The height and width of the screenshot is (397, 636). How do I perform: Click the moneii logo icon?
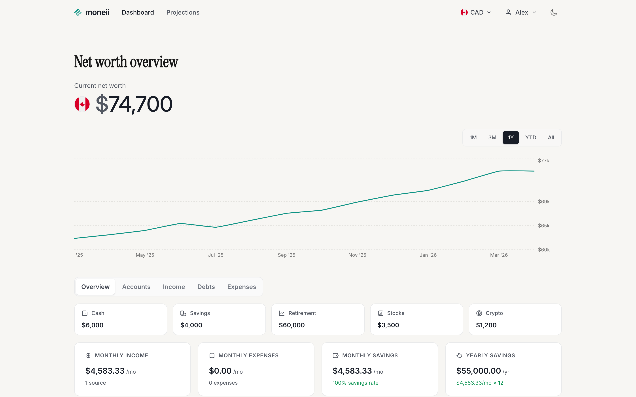[x=78, y=12]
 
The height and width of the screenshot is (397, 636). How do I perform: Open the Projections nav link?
[x=183, y=12]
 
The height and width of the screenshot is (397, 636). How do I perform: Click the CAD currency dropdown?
[x=475, y=12]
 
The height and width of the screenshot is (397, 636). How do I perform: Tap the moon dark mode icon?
[x=554, y=12]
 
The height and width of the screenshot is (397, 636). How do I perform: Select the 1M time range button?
[x=473, y=138]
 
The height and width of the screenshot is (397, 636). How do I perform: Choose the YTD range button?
[x=531, y=138]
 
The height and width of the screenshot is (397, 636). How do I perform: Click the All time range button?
[x=551, y=138]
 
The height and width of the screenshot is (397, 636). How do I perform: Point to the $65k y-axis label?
[x=543, y=226]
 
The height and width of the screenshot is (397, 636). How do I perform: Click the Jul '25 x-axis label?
[x=216, y=255]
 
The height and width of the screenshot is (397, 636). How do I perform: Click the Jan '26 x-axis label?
[x=428, y=255]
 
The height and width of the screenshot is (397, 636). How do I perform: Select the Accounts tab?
[x=136, y=287]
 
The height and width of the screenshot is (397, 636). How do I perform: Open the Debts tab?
[x=206, y=287]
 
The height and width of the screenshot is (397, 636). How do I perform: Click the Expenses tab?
[x=242, y=287]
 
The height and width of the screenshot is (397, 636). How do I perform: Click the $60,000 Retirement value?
[x=292, y=325]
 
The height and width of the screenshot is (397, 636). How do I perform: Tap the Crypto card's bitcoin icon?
[x=479, y=313]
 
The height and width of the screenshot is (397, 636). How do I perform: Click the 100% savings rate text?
[x=355, y=383]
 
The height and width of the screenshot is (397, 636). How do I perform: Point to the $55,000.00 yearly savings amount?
[x=478, y=371]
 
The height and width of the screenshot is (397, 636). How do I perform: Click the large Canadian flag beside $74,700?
[x=82, y=104]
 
